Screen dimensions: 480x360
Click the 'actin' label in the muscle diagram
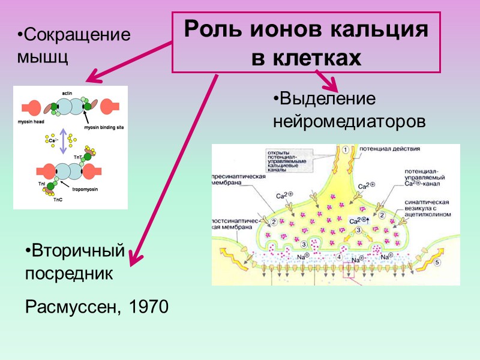pyautogui.click(x=67, y=92)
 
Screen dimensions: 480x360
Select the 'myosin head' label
pyautogui.click(x=26, y=121)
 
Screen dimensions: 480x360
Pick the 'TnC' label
pyautogui.click(x=58, y=200)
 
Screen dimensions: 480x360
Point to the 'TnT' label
pyautogui.click(x=77, y=157)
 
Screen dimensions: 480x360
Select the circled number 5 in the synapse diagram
pyautogui.click(x=437, y=262)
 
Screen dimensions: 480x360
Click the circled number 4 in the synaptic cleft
pyautogui.click(x=339, y=257)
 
